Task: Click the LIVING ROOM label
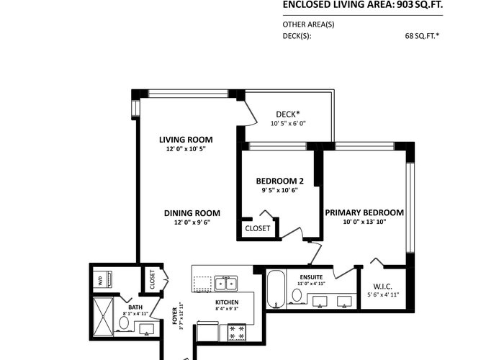tap(186, 140)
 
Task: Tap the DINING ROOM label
tap(192, 213)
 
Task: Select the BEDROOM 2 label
tap(279, 181)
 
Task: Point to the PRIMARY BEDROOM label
tap(364, 212)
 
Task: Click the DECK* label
tap(288, 114)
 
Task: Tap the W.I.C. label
tap(382, 287)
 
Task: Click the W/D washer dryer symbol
tap(103, 279)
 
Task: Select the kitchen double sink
tap(226, 284)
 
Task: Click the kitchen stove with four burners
tap(237, 333)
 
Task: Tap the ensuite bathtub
tap(276, 289)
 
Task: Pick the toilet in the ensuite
tap(296, 296)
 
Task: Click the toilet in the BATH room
tap(124, 323)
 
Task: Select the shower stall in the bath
tap(103, 317)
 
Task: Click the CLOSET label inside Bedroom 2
tap(258, 228)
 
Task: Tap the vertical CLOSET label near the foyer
tap(153, 279)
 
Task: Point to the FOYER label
tap(174, 316)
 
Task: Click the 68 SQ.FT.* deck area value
tap(422, 36)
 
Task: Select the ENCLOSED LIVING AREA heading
tap(363, 5)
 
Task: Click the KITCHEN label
tap(227, 302)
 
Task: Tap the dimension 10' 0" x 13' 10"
tap(364, 222)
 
